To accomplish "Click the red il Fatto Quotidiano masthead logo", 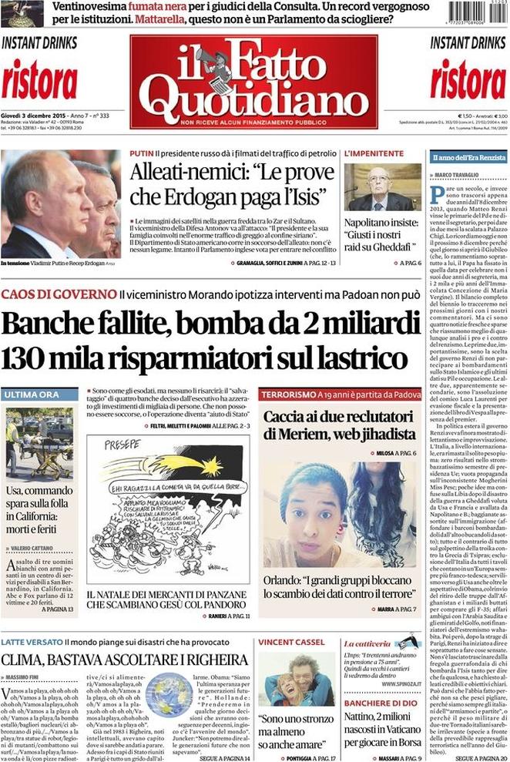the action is tap(253, 81).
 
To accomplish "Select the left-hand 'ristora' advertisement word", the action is tap(39, 78).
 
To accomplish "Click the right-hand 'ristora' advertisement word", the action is tap(468, 78).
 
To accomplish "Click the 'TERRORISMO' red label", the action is tap(288, 394).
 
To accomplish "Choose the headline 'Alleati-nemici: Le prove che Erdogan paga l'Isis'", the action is tap(229, 185).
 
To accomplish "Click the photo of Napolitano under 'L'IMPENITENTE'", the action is tap(382, 187).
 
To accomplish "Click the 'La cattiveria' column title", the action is tap(367, 642).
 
